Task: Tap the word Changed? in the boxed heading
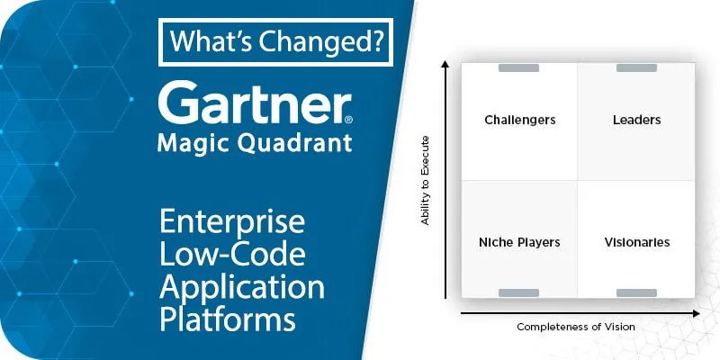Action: tap(320, 41)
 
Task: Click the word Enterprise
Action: tap(232, 223)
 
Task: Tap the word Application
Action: tap(242, 287)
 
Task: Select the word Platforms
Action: tap(228, 319)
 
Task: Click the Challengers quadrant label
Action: tap(520, 121)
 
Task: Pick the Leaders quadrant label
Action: tap(636, 120)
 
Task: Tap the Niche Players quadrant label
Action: tap(519, 242)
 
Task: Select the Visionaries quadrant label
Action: tap(637, 242)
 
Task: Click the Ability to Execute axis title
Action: tap(425, 180)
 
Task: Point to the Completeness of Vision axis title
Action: tap(576, 327)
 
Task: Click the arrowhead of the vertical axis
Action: tap(445, 63)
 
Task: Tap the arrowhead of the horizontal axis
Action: tap(696, 313)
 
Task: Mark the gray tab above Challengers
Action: tap(519, 68)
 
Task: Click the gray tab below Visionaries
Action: tap(636, 293)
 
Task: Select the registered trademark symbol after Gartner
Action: tap(348, 120)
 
